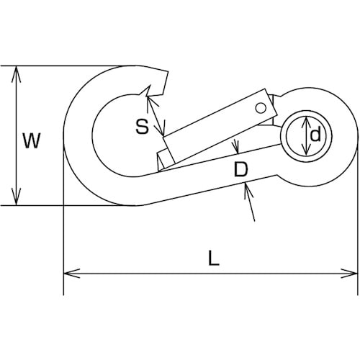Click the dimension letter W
coord(32,140)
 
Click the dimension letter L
coord(214,258)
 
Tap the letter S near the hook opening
coord(143,127)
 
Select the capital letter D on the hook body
coord(240,169)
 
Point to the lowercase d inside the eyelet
coord(315,135)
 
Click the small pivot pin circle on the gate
coord(261,107)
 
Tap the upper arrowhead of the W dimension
coord(16,73)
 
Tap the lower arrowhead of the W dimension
coord(16,197)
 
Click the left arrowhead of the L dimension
coord(71,274)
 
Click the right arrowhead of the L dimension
coord(349,274)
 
